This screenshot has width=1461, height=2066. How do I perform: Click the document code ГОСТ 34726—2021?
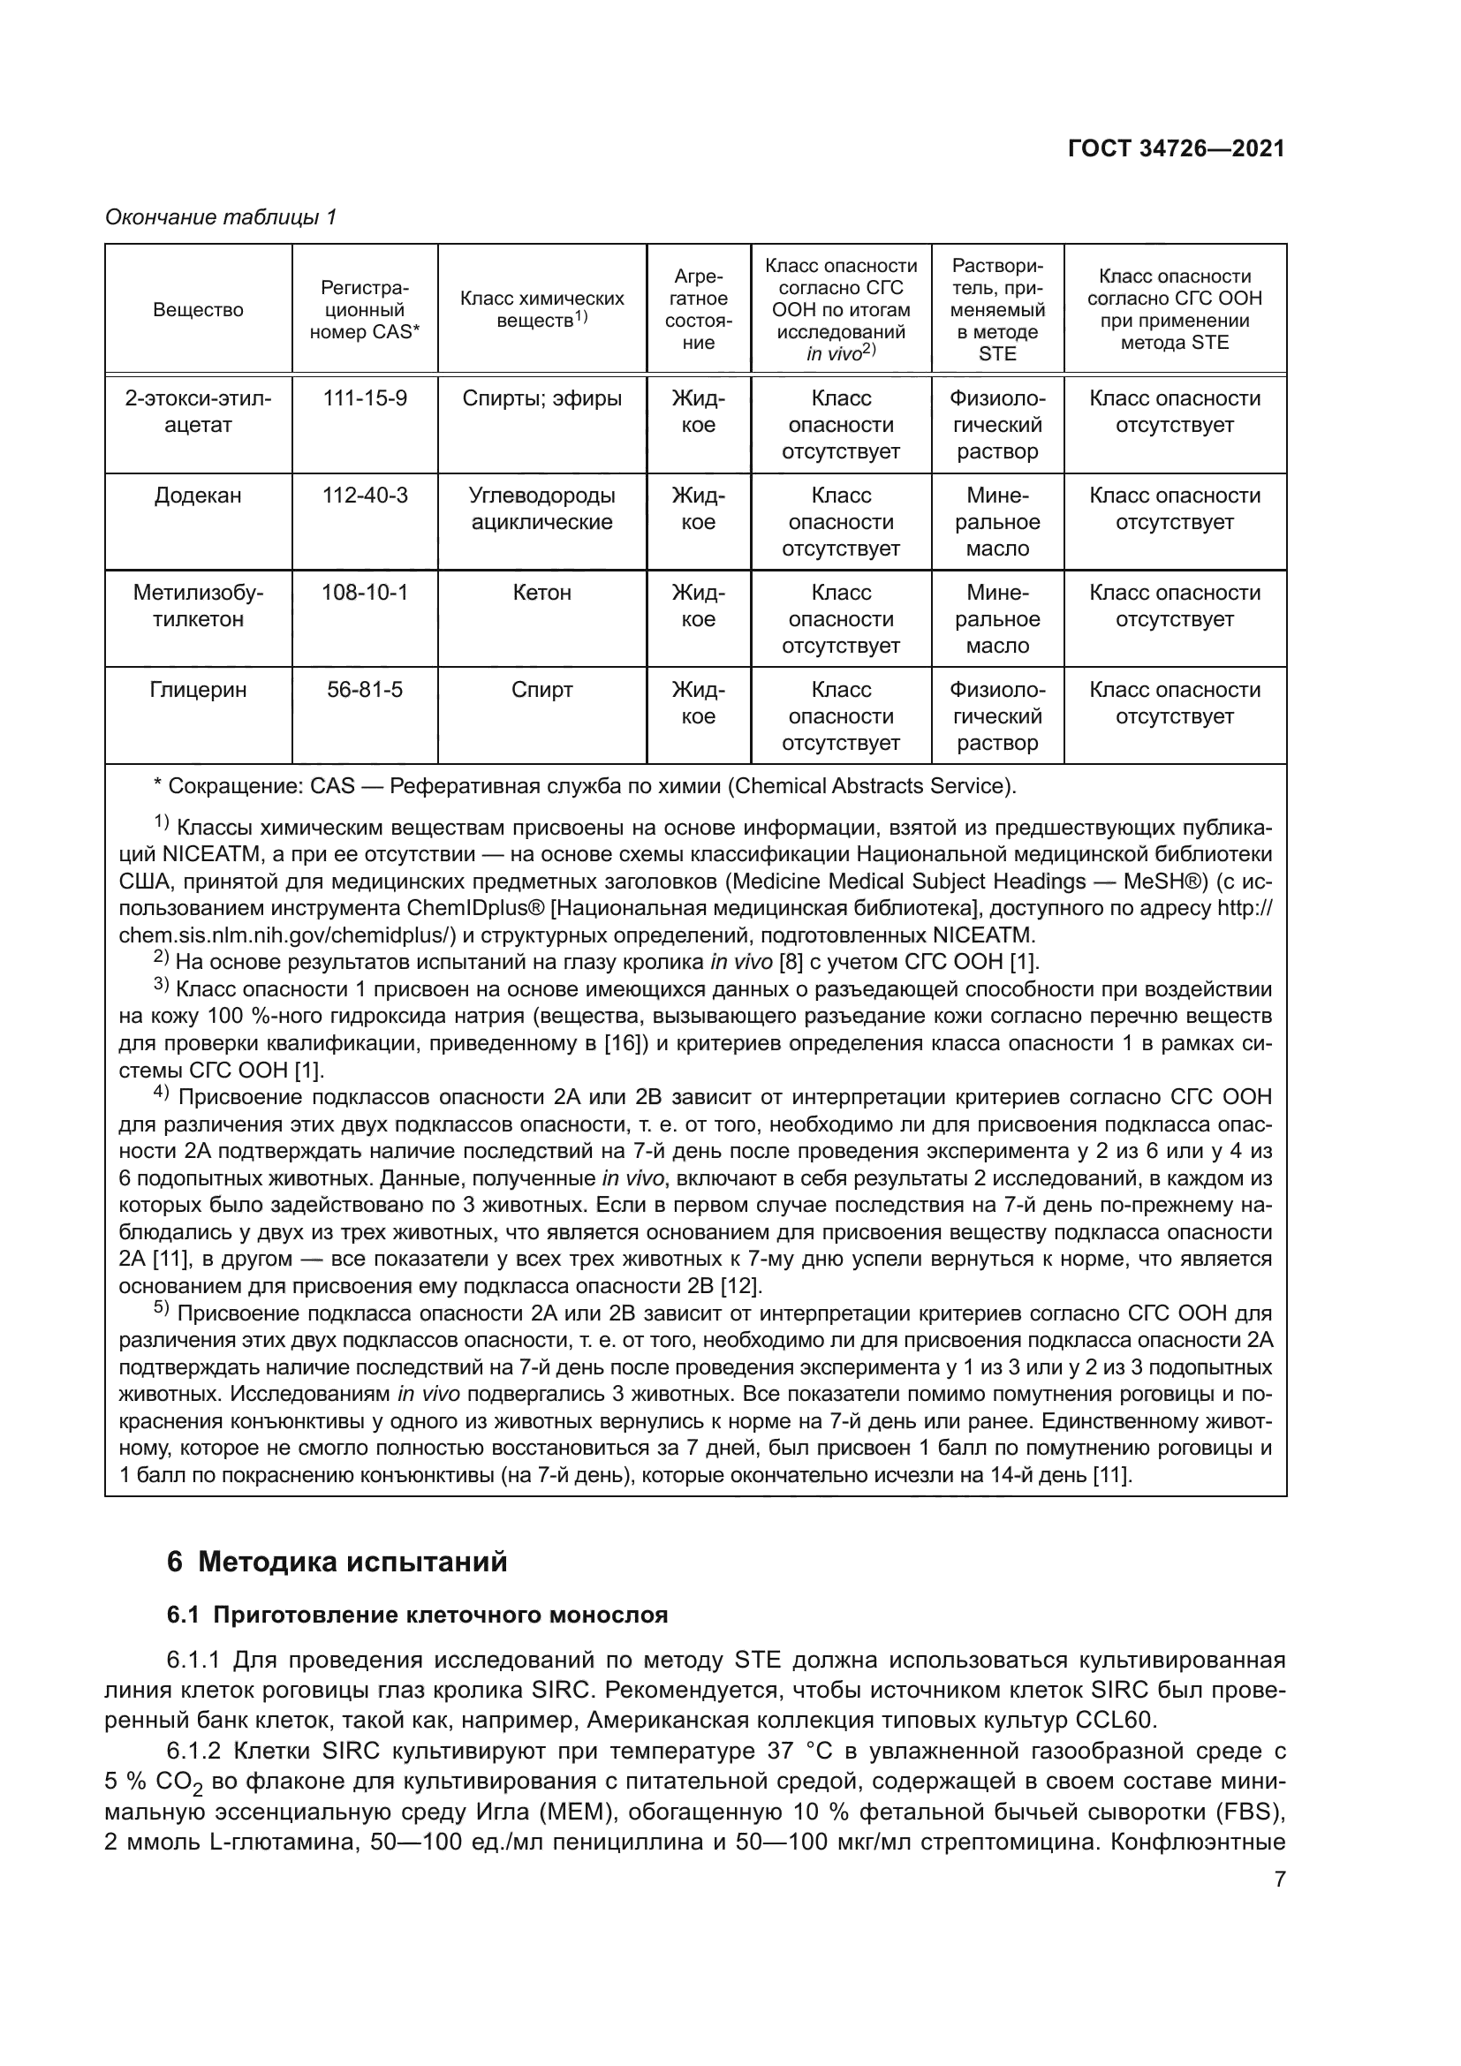pos(1176,149)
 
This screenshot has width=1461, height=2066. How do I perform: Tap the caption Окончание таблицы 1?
pos(221,217)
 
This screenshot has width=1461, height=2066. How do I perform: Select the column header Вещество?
pos(198,309)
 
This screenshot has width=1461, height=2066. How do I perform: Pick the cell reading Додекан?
pos(198,496)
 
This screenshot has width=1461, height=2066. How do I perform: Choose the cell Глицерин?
pos(198,690)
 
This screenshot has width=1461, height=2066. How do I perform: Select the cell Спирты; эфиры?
pos(541,398)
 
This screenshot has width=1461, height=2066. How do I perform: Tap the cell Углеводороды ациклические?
pos(541,509)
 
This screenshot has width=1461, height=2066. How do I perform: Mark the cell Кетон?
pos(541,593)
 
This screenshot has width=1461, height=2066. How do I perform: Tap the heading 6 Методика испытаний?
pos(337,1561)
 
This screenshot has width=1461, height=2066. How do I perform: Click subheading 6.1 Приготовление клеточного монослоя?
pos(418,1616)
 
